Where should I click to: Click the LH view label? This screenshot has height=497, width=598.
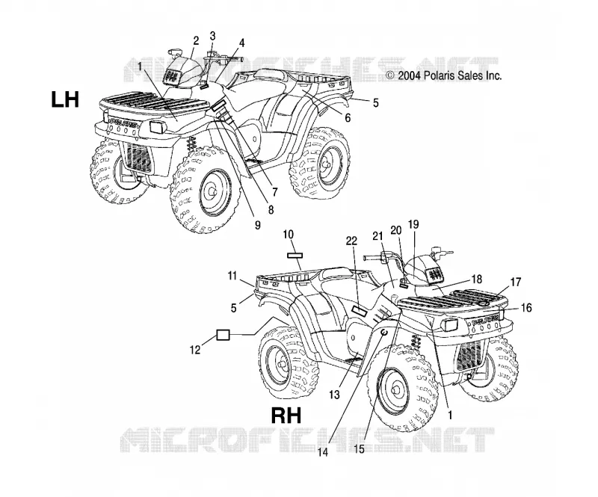pos(65,99)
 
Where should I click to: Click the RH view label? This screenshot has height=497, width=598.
pos(286,416)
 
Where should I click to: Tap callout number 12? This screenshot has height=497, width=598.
pos(195,349)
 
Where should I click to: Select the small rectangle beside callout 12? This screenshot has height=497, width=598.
pos(223,335)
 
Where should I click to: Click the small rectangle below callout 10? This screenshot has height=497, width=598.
pos(295,255)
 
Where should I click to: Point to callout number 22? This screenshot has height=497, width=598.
pos(351,241)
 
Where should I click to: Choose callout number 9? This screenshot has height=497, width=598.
pos(257,225)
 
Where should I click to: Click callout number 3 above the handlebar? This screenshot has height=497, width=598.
pos(212,36)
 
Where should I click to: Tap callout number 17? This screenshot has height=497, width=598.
pos(516,283)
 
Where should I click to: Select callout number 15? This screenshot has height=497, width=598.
pos(360,449)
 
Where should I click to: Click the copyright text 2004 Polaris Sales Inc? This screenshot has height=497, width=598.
pos(443,75)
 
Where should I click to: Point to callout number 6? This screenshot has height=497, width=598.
pos(348,118)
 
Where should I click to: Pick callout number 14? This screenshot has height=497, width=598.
pos(323,452)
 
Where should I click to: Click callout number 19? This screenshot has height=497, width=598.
pos(413,224)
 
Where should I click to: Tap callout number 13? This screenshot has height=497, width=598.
pos(334,395)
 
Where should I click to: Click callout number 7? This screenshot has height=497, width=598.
pos(274,192)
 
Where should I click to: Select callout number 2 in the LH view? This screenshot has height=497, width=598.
pos(196,40)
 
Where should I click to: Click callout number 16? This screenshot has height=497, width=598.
pos(526,307)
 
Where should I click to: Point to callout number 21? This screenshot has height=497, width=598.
pos(377,236)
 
